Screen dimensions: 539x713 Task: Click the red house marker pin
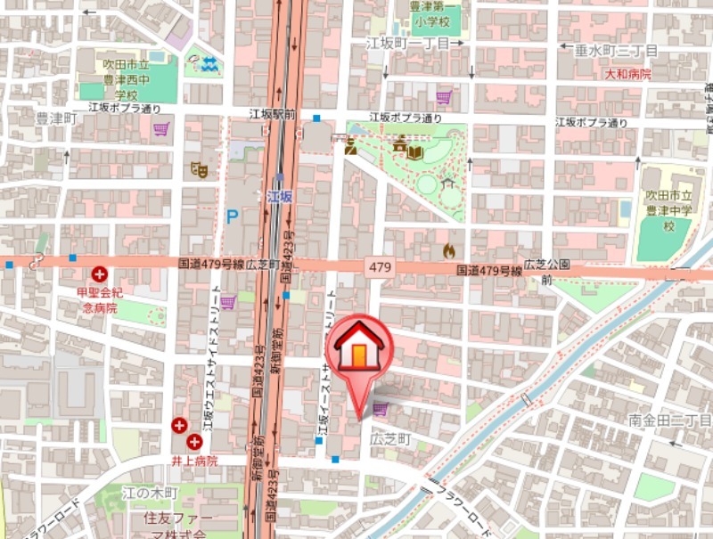(x=358, y=348)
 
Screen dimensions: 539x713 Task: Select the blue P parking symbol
(x=233, y=216)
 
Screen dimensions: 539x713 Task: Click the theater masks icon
(x=200, y=168)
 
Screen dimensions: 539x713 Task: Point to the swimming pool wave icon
(x=209, y=63)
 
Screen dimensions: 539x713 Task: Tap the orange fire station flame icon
(x=448, y=251)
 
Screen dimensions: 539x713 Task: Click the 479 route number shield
(x=379, y=266)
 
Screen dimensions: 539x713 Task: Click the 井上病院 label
(x=194, y=461)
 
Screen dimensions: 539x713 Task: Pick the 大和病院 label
(x=627, y=74)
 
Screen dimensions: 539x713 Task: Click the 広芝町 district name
(x=389, y=439)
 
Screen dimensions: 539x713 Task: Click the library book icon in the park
(x=415, y=152)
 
